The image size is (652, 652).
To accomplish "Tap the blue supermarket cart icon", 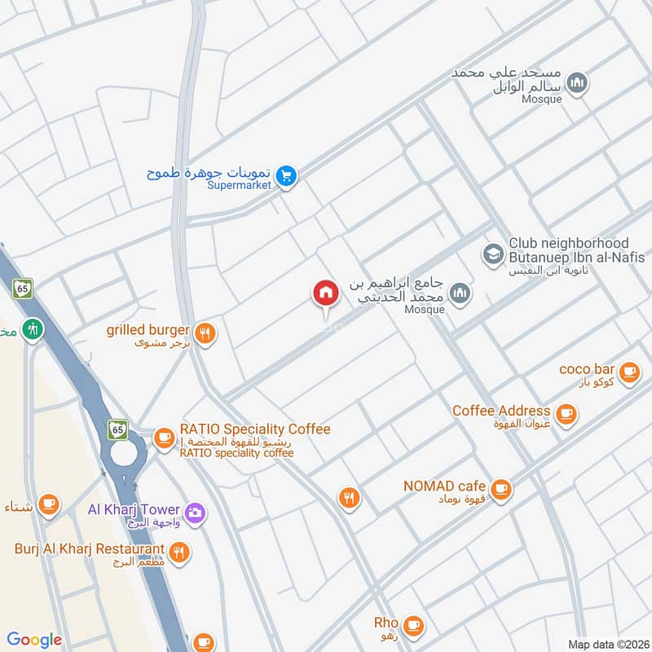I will click(285, 175).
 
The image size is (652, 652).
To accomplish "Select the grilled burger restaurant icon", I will click(205, 333).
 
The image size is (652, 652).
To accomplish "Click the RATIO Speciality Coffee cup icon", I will click(165, 438).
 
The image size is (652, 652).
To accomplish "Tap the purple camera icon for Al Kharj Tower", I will click(195, 512).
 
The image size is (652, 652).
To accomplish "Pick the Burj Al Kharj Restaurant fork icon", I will click(180, 552).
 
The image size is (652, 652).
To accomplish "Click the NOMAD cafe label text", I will click(445, 487).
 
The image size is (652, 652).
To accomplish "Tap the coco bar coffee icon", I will click(628, 372).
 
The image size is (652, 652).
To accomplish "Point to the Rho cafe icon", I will click(414, 625).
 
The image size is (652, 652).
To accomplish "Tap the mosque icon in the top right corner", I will click(577, 83).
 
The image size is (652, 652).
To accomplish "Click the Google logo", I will click(34, 640).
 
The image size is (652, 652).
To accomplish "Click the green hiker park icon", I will click(33, 329).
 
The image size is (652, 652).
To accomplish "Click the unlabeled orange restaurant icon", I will click(350, 497).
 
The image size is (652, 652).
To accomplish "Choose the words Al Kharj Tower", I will click(134, 510).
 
